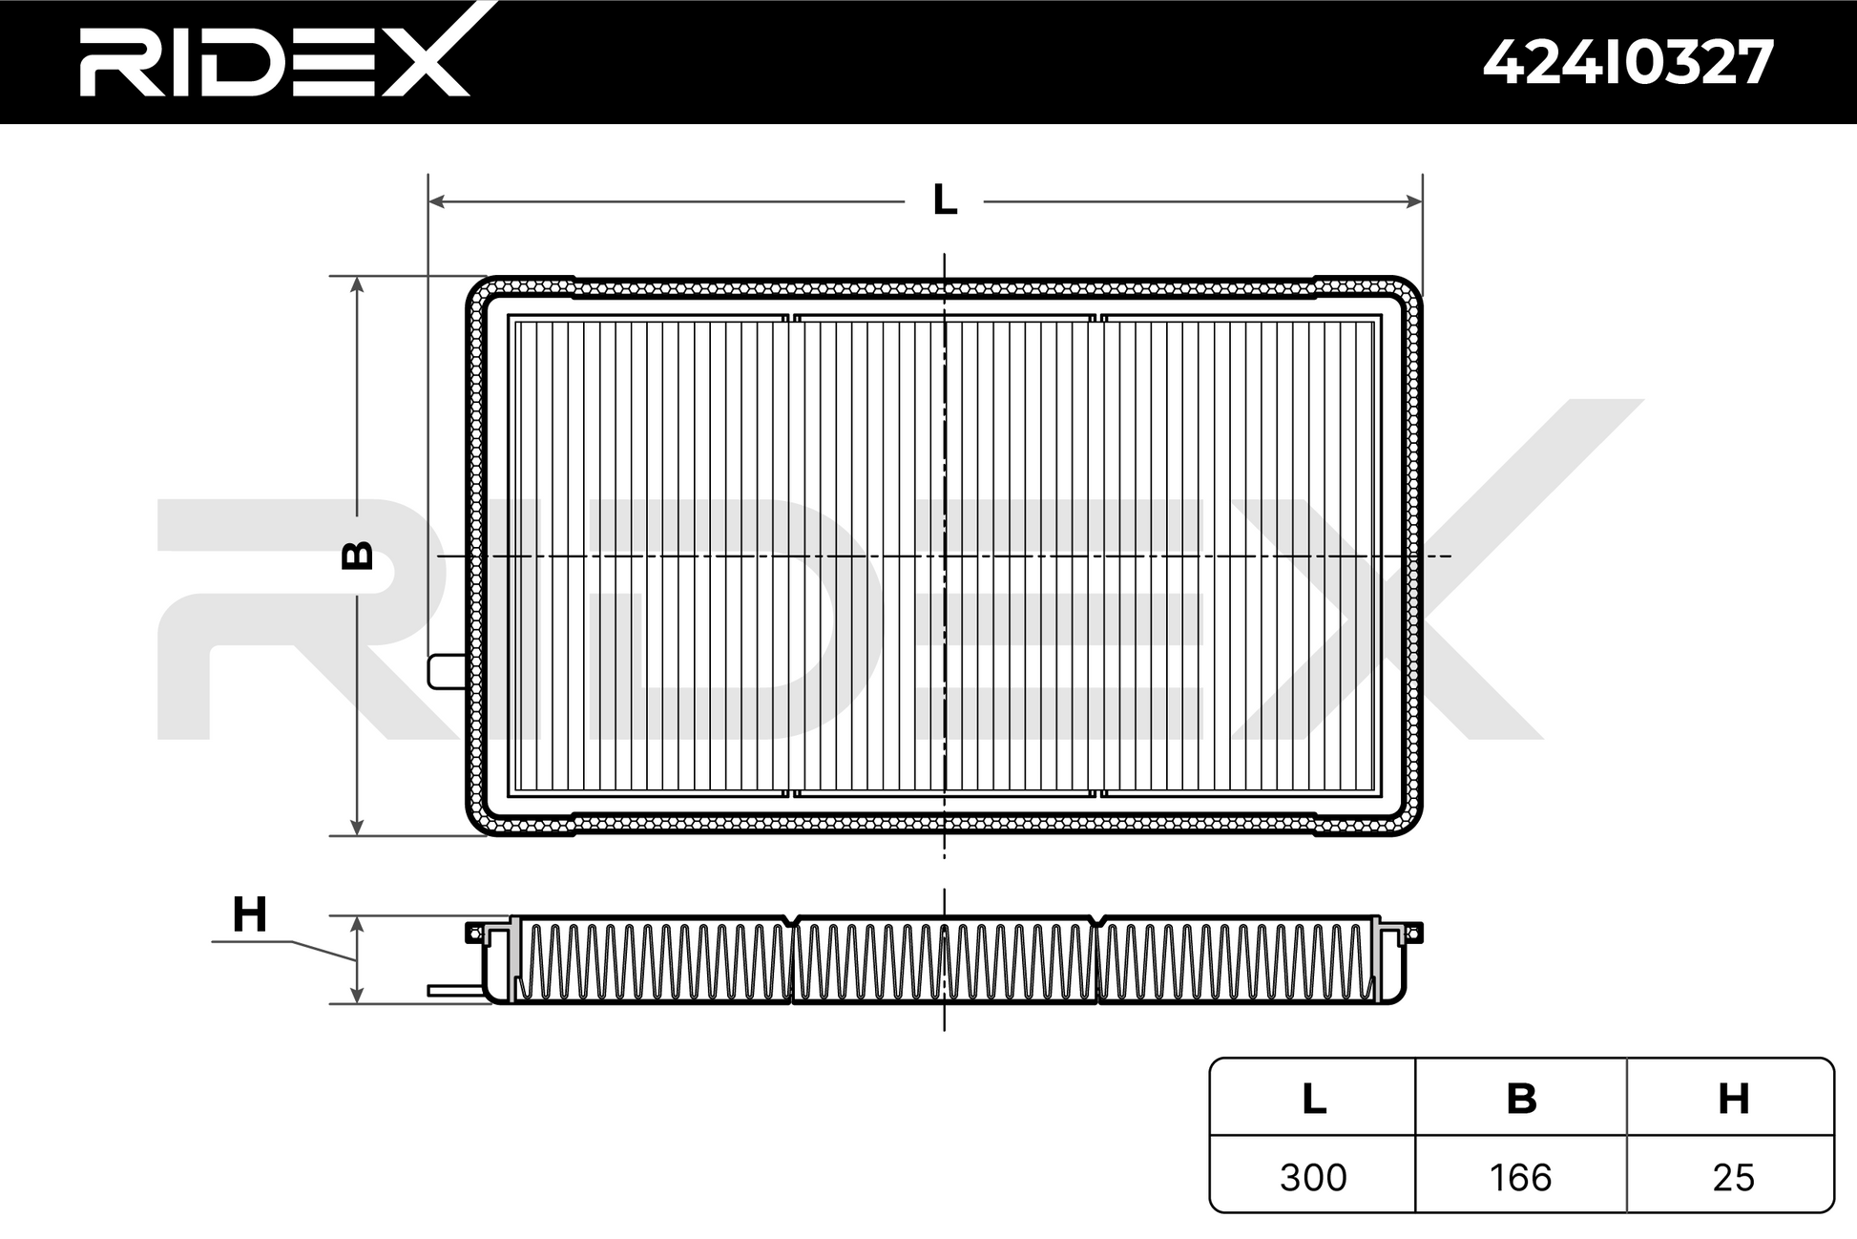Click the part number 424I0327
click(1628, 63)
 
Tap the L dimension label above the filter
click(945, 200)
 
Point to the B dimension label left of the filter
click(358, 556)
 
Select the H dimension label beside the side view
click(250, 914)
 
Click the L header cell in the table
click(1314, 1099)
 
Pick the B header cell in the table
click(1521, 1099)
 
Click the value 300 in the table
click(1313, 1177)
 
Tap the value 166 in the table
click(1521, 1177)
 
